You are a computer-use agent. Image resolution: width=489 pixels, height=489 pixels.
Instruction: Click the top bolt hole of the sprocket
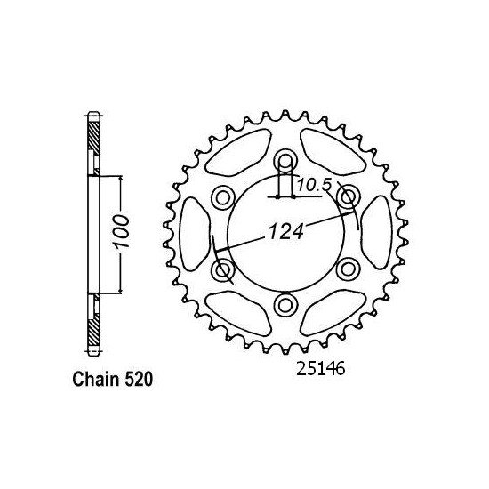point(285,160)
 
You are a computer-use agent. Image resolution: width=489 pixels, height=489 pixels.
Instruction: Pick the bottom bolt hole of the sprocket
point(285,305)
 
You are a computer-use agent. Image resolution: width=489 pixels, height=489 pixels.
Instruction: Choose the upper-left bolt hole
point(222,196)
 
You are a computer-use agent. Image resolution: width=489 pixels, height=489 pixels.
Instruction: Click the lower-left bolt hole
point(222,269)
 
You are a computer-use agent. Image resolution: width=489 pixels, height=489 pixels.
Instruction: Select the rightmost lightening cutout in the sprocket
point(376,233)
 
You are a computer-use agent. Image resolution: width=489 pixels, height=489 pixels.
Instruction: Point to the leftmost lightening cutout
point(194,233)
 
